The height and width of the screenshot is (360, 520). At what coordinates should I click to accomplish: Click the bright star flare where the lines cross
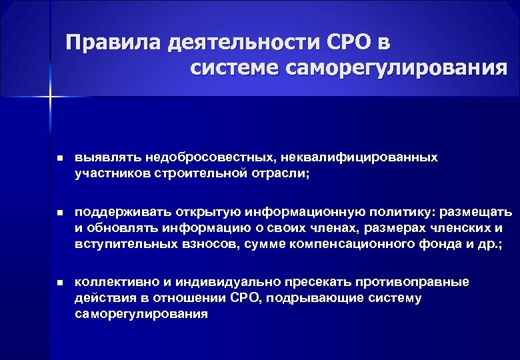(51, 98)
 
